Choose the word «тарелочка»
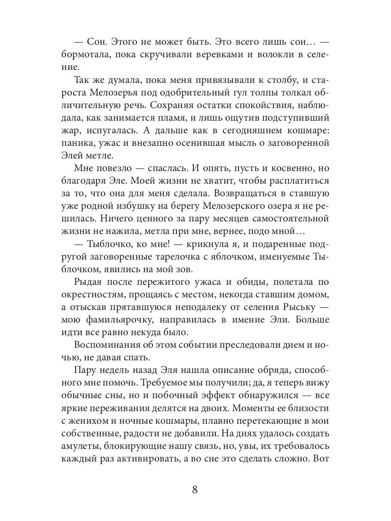point(177,257)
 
